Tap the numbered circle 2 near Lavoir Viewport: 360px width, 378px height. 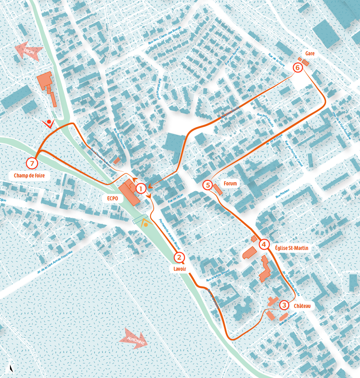click(x=179, y=257)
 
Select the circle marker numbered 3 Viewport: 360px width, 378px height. click(x=284, y=305)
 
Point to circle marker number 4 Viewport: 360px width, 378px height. click(x=264, y=244)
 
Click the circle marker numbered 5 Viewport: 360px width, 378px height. click(x=208, y=185)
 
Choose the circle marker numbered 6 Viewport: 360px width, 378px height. click(x=297, y=67)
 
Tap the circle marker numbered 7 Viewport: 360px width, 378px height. click(x=32, y=163)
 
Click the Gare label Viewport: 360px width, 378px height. click(x=310, y=54)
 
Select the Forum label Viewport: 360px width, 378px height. click(x=230, y=183)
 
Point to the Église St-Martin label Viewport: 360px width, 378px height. click(x=292, y=248)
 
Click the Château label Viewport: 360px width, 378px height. click(x=302, y=305)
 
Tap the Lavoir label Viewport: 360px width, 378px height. click(x=180, y=269)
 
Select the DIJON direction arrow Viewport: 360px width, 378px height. click(x=27, y=51)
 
